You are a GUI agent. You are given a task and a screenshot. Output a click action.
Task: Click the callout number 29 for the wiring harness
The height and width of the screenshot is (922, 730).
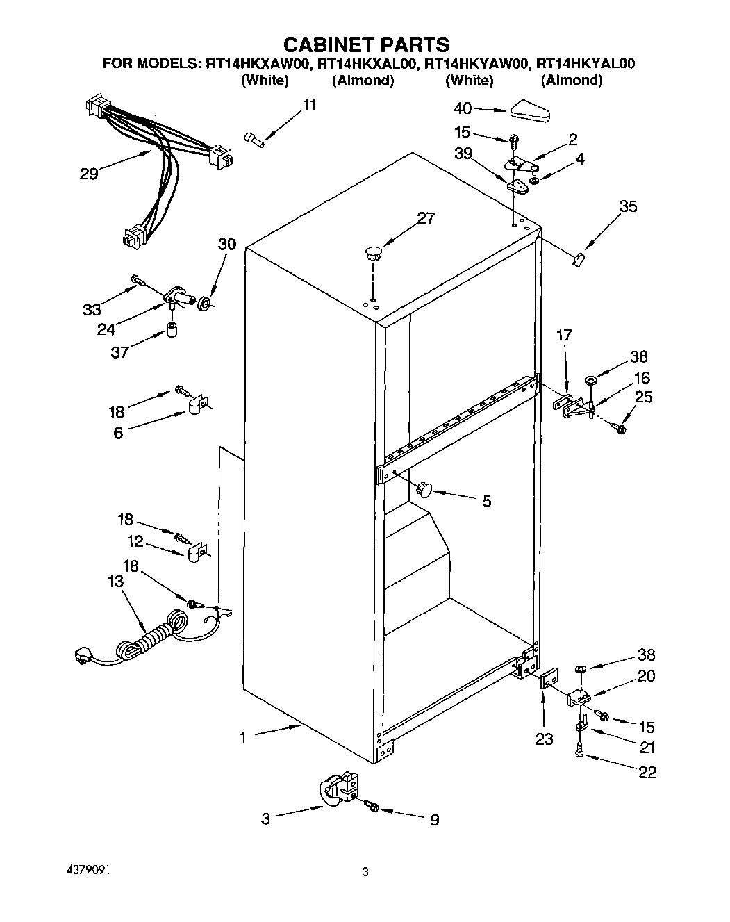89,174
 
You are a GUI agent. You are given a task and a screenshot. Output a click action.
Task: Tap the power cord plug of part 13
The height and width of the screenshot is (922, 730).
83,655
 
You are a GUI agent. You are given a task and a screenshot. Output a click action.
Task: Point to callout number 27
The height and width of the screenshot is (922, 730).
425,219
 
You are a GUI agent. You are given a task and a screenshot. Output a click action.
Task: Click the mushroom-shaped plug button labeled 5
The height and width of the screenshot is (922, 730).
423,490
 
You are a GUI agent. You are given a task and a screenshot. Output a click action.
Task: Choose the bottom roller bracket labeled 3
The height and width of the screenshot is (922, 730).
339,789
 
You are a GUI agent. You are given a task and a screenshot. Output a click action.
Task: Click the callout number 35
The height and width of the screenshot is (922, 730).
628,206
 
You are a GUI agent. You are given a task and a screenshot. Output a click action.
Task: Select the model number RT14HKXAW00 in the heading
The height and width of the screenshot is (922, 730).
257,64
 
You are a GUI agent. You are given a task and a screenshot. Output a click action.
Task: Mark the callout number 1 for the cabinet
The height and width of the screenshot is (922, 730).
242,739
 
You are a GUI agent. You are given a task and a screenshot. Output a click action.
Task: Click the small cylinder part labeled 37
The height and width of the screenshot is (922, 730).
172,329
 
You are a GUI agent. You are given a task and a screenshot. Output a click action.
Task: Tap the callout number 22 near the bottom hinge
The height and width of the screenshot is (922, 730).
647,772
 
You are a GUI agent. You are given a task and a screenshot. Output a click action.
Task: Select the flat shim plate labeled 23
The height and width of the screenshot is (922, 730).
549,681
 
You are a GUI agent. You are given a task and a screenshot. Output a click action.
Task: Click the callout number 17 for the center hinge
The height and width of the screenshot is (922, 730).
564,336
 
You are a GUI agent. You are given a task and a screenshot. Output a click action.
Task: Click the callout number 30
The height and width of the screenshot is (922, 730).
226,245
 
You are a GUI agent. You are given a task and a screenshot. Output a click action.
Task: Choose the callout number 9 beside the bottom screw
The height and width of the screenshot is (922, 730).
435,820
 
